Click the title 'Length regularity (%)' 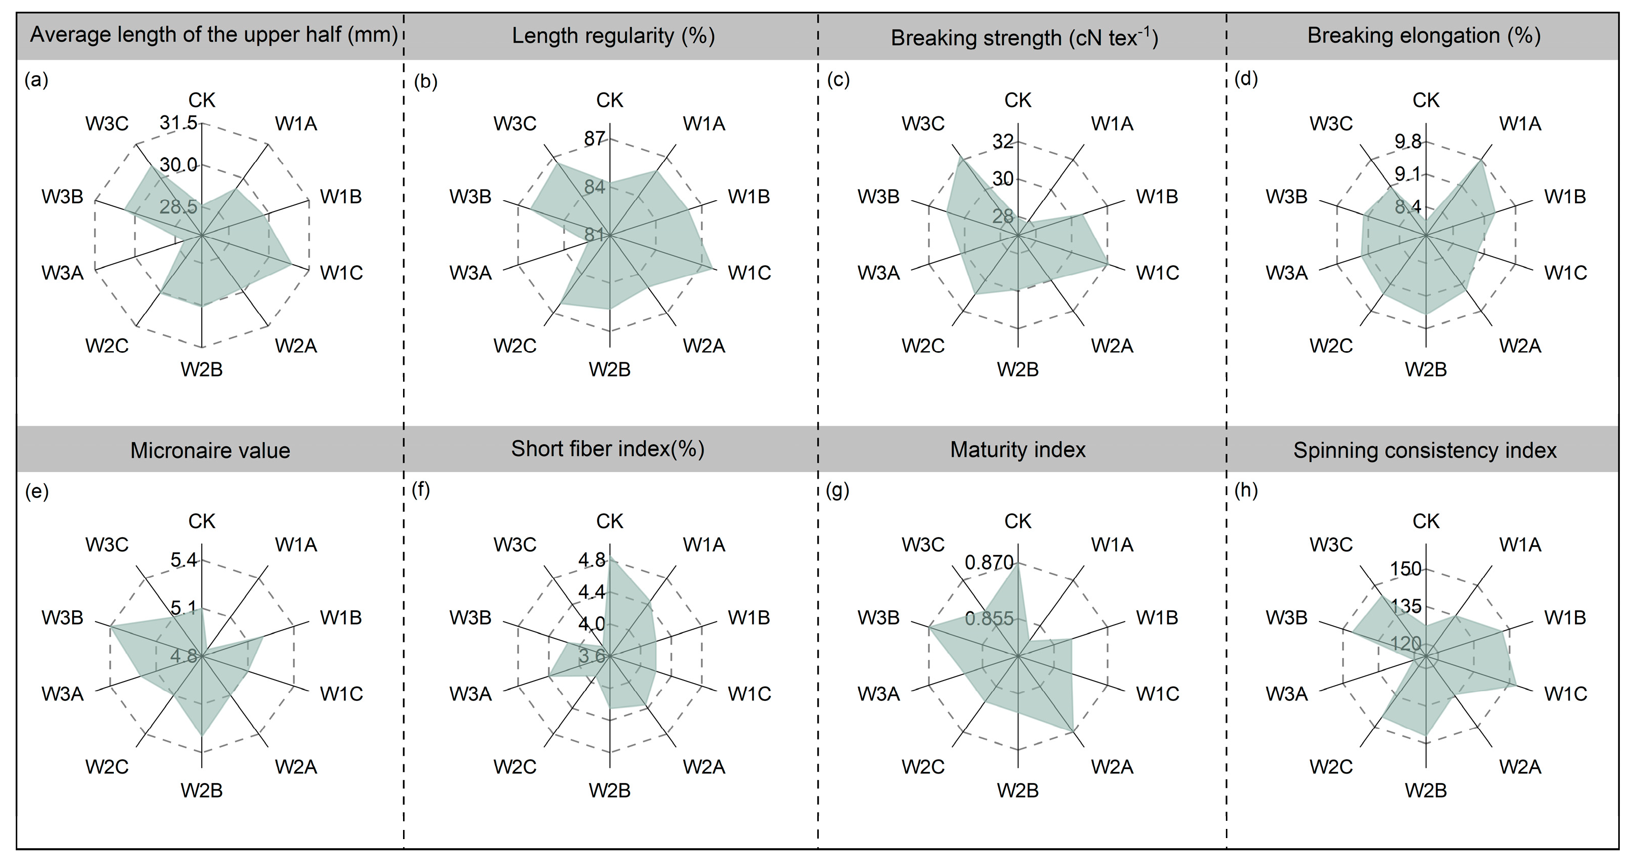point(613,36)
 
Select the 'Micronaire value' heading point(210,450)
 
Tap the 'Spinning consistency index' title point(1425,450)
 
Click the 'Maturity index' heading point(1018,450)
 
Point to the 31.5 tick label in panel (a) point(178,122)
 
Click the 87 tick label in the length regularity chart point(594,139)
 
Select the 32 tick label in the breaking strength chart point(1003,141)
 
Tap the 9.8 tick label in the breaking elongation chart point(1407,141)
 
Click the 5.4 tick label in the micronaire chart point(183,560)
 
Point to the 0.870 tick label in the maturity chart point(989,562)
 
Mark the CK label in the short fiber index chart point(609,521)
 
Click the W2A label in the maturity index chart point(1112,767)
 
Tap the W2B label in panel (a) point(202,369)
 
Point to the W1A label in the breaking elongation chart point(1520,123)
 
